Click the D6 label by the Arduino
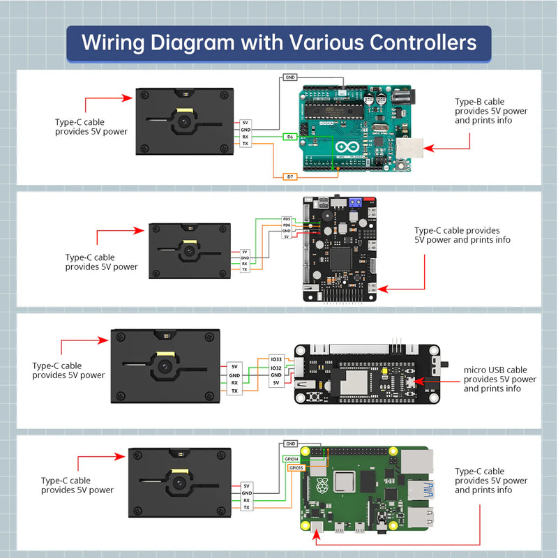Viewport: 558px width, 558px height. click(x=289, y=137)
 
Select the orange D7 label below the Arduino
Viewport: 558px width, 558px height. click(x=289, y=177)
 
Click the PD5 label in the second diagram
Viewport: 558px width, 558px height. click(x=287, y=220)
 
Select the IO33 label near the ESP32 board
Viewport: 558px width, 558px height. click(x=276, y=359)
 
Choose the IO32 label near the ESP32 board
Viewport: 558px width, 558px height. click(x=276, y=367)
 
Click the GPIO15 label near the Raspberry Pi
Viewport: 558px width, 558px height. click(x=296, y=467)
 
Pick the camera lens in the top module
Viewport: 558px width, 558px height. click(x=184, y=121)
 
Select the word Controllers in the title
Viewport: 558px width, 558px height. click(x=412, y=43)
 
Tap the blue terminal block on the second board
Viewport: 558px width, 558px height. click(x=354, y=203)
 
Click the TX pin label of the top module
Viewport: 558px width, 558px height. click(x=246, y=144)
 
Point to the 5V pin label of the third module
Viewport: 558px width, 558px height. click(x=234, y=366)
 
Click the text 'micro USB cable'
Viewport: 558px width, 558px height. click(x=495, y=370)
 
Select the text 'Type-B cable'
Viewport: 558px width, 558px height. click(x=479, y=102)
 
